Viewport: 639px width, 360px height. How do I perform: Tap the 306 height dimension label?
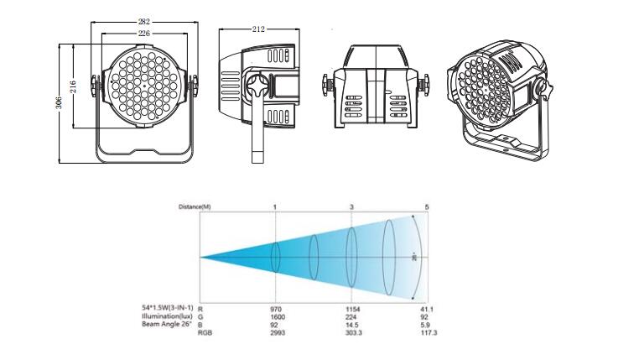pyautogui.click(x=60, y=102)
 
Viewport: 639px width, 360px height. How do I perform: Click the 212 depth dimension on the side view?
pyautogui.click(x=258, y=29)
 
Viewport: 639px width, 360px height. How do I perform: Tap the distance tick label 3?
pyautogui.click(x=351, y=206)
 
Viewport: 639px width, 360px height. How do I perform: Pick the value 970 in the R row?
pyautogui.click(x=278, y=310)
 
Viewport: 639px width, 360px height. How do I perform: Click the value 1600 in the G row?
pyautogui.click(x=278, y=317)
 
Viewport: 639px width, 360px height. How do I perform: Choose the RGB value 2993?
pyautogui.click(x=278, y=333)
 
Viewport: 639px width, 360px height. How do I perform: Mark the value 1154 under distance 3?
pyautogui.click(x=352, y=310)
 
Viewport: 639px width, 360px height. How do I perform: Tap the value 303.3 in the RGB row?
pyautogui.click(x=352, y=333)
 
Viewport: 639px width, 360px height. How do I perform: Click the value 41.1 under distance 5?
pyautogui.click(x=428, y=310)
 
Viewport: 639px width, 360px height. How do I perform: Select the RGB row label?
pyautogui.click(x=204, y=333)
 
